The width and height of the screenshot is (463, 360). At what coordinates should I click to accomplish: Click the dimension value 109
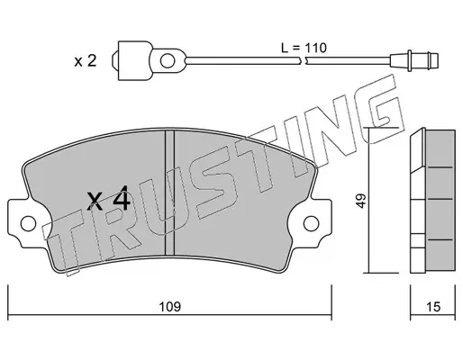pyautogui.click(x=170, y=307)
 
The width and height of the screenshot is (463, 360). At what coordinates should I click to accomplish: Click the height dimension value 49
pyautogui.click(x=361, y=201)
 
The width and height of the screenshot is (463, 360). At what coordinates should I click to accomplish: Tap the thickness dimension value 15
pyautogui.click(x=433, y=307)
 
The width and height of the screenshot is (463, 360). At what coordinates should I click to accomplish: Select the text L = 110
pyautogui.click(x=304, y=48)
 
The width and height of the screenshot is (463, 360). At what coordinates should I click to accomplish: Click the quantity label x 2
pyautogui.click(x=86, y=61)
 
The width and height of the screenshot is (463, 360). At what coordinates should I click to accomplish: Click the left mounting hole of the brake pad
pyautogui.click(x=28, y=223)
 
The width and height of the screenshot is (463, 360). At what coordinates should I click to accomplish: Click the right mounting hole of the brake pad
pyautogui.click(x=311, y=223)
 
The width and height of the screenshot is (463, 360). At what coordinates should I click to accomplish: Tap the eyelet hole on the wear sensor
pyautogui.click(x=167, y=61)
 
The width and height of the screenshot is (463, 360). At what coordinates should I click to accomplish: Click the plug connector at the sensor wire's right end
pyautogui.click(x=414, y=61)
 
